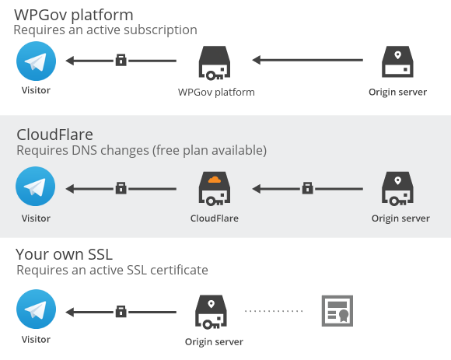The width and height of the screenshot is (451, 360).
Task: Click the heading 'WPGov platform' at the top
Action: coord(74,15)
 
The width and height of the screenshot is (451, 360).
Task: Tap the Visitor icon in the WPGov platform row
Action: coord(37,61)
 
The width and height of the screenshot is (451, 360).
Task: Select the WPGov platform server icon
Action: coord(215,63)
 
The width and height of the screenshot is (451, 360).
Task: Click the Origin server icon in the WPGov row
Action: coord(397,62)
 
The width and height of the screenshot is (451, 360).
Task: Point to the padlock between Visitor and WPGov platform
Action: coord(121,60)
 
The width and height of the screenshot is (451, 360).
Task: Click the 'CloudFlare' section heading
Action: coord(55,135)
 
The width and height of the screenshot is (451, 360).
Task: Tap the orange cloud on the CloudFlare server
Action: coord(215,180)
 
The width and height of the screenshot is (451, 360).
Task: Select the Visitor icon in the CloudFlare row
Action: coord(35,187)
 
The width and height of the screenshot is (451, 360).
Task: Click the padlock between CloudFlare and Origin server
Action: coord(307,188)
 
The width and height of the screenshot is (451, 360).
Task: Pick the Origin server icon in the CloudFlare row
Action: coord(397,189)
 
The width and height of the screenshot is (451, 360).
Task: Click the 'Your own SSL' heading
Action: coord(64,254)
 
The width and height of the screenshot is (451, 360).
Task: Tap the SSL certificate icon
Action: coord(337,311)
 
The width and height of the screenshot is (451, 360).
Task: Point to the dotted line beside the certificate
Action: coord(274,311)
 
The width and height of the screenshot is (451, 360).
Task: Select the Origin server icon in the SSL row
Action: coord(211,312)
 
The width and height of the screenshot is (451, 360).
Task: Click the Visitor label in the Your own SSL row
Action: coord(36,340)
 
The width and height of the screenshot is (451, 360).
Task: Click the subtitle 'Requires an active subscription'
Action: coord(105,30)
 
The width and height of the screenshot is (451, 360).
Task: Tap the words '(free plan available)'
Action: coord(209,150)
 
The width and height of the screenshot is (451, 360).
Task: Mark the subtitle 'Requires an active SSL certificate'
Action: coord(112,271)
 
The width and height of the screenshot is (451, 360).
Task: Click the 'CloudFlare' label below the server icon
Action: coord(215,218)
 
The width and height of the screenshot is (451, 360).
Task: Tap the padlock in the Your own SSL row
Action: coord(121,312)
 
